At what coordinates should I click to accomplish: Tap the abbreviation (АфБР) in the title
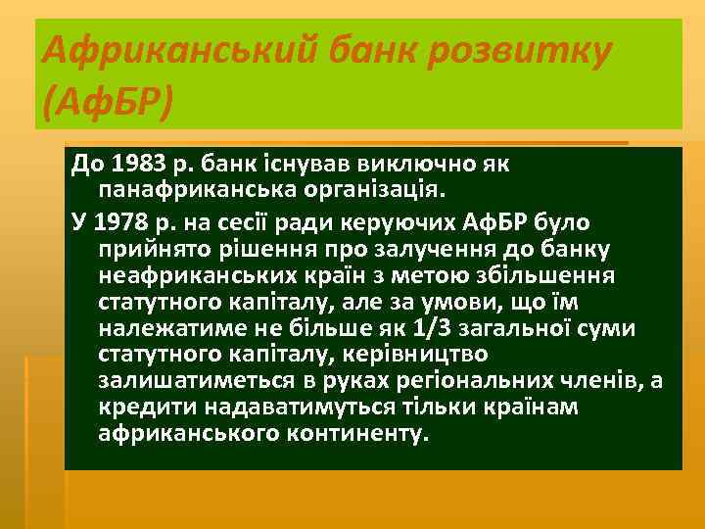pos(107,101)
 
